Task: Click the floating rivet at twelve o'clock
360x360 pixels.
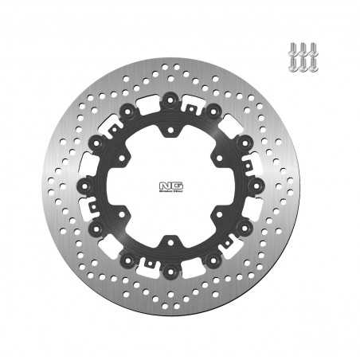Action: (x=170, y=99)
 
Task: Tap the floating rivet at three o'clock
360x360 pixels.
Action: (x=255, y=183)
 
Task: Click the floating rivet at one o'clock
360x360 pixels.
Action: (x=213, y=110)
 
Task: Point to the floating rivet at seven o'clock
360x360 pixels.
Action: (x=128, y=257)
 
